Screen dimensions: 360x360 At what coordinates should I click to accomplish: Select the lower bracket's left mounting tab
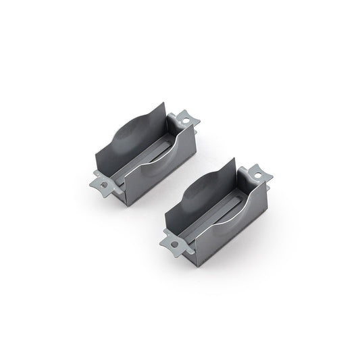pos(173,240)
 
